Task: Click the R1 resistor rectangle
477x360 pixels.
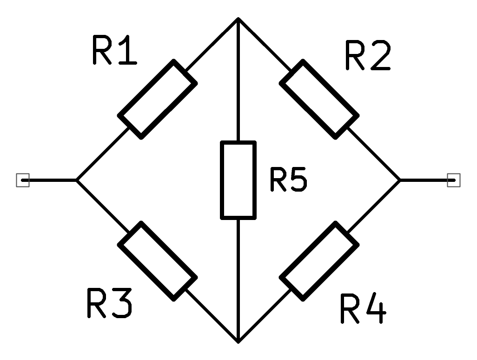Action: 157,99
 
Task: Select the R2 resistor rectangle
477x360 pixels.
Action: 319,99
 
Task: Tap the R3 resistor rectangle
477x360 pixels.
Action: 157,261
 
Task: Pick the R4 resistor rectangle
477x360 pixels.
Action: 319,261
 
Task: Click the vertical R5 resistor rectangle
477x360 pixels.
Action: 238,180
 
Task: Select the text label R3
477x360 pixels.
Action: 110,303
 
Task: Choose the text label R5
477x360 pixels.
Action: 288,180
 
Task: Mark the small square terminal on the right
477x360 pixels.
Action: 454,180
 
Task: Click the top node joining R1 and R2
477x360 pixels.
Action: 238,19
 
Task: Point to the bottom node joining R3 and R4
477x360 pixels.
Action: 238,341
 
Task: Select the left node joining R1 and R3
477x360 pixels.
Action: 77,180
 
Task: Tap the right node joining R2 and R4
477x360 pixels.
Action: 399,180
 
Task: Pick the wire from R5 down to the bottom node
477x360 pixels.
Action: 238,279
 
